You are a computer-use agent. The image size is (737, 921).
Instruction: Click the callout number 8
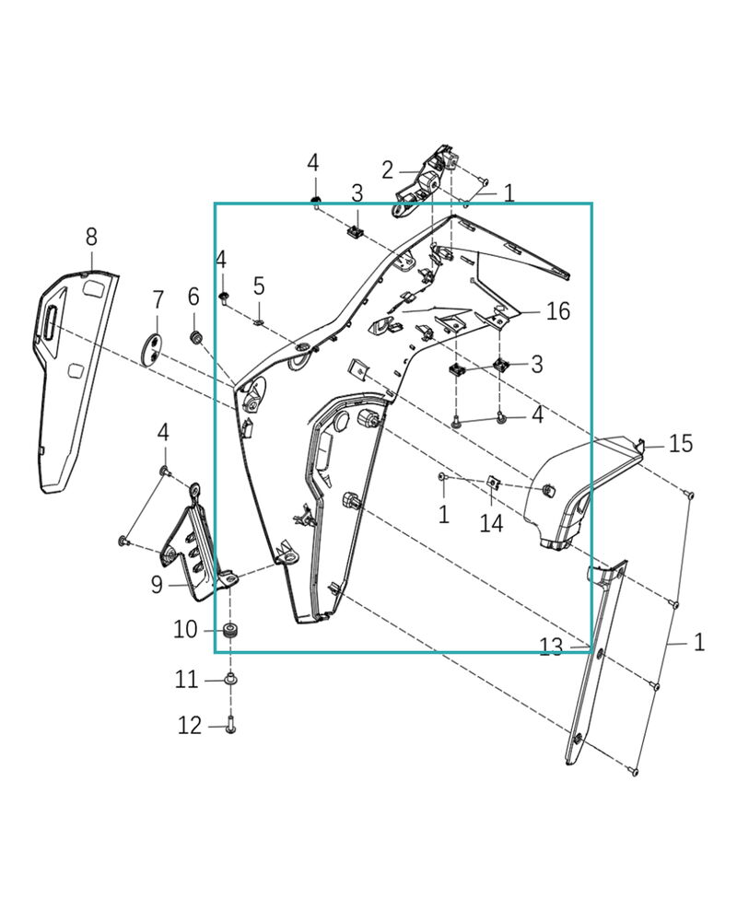tap(91, 237)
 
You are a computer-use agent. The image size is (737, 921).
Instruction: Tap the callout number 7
tap(158, 299)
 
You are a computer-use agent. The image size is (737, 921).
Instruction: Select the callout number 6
tap(193, 297)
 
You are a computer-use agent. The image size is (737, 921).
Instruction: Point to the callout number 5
tap(259, 286)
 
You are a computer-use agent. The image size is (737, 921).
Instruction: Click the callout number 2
tap(388, 169)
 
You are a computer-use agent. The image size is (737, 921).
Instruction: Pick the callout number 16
tap(558, 311)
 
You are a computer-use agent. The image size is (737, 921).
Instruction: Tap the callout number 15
tap(681, 444)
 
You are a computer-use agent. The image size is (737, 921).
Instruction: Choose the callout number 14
tap(492, 523)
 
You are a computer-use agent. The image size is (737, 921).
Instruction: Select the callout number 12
tap(190, 727)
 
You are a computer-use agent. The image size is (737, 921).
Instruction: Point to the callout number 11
tap(187, 680)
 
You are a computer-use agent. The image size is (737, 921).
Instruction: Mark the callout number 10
tap(185, 630)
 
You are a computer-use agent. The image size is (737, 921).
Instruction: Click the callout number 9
tap(157, 583)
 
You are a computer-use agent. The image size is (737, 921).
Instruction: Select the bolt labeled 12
tap(230, 727)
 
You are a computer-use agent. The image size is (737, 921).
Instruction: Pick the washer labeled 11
tap(230, 680)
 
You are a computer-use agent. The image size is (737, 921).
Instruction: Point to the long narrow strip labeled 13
tap(594, 663)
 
